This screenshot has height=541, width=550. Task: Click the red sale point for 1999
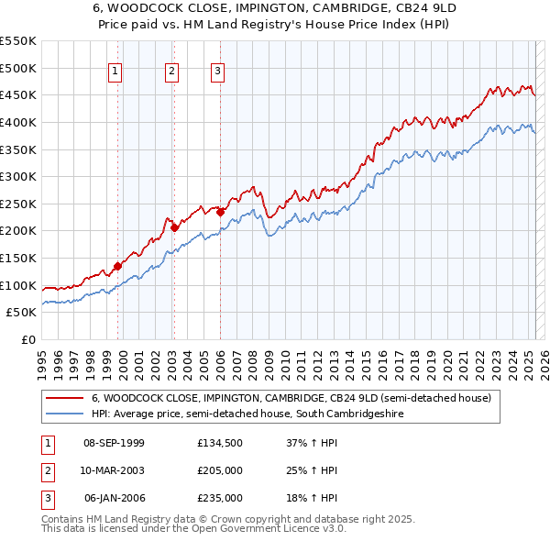117,266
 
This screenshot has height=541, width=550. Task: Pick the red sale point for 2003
174,228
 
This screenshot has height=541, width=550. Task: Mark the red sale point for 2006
220,212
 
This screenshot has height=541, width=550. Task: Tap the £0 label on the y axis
27,339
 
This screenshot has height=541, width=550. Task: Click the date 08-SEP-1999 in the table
114,444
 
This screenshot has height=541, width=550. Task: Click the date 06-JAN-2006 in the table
114,498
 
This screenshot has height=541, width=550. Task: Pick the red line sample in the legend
64,399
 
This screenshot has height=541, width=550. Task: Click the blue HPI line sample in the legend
64,414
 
